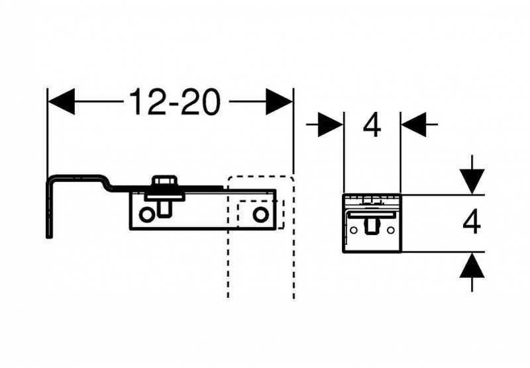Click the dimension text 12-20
pos(174,102)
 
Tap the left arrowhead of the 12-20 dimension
pos(61,102)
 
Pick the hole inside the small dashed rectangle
pos(260,214)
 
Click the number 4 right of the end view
pos(471,223)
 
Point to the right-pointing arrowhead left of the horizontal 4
pos(329,124)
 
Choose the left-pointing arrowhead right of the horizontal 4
pos(415,124)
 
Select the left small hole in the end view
pos(354,229)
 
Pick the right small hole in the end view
pos(391,229)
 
